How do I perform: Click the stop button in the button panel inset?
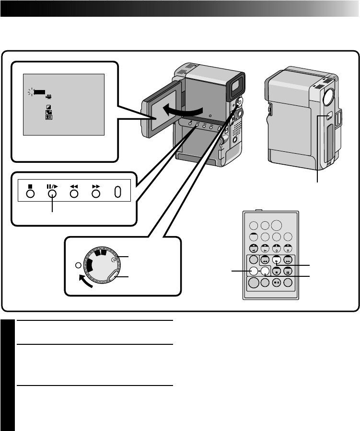pos(30,193)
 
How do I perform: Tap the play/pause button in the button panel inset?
pos(52,193)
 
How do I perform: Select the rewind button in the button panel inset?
pos(74,193)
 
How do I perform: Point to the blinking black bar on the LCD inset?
pos(39,90)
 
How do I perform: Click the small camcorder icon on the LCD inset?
pos(48,96)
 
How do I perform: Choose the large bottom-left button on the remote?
pos(253,283)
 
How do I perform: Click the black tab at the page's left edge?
pos(8,374)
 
